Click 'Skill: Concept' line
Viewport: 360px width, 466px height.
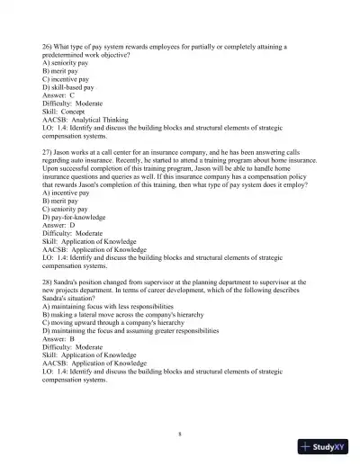[x=66, y=111]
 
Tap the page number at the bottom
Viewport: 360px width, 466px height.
[x=181, y=433]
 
